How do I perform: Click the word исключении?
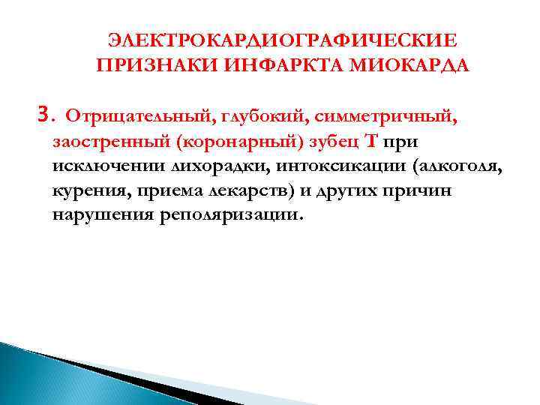[105, 166]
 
